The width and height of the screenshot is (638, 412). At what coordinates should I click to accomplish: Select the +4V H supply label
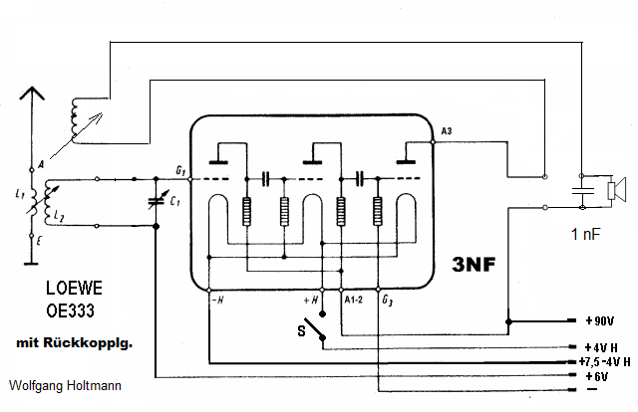601,347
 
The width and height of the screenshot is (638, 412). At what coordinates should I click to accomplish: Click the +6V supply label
596,376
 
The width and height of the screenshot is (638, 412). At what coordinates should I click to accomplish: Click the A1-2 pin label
352,299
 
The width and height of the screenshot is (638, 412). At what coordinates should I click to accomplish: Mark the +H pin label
312,299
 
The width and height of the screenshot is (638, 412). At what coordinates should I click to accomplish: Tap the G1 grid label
178,171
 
